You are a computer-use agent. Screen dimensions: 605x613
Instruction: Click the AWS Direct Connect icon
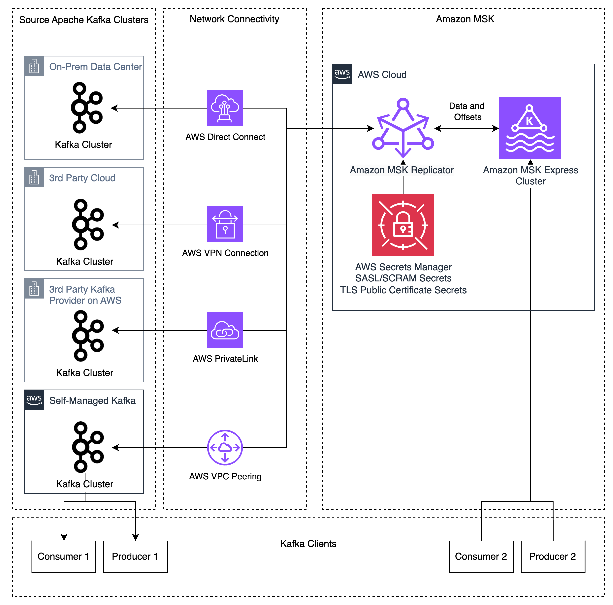tap(225, 108)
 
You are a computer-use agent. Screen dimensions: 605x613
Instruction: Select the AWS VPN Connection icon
tap(225, 224)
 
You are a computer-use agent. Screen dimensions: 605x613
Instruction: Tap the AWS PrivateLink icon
tap(225, 330)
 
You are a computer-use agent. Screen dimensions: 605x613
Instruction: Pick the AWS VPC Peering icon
tap(225, 447)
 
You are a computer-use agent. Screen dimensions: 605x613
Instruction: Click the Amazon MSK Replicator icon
tap(403, 128)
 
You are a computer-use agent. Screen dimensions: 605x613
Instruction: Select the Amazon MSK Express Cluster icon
tap(530, 128)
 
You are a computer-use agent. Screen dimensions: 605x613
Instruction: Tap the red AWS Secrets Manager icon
tap(403, 225)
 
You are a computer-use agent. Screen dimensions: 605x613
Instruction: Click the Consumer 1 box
tap(63, 557)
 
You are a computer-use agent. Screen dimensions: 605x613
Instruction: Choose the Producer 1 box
tap(135, 557)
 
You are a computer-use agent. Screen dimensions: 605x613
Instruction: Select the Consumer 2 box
tap(481, 557)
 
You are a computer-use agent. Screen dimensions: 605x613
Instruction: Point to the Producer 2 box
tap(553, 557)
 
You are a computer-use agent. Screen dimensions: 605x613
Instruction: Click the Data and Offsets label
tap(467, 111)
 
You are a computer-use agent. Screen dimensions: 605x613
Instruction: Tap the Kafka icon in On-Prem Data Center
tap(83, 108)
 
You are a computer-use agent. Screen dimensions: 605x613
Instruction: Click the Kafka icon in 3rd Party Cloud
tap(85, 224)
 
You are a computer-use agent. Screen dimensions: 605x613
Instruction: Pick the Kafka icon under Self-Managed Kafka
tap(85, 447)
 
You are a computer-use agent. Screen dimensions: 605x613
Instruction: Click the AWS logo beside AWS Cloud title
tap(342, 74)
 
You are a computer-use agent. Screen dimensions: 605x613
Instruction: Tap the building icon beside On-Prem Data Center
tap(34, 66)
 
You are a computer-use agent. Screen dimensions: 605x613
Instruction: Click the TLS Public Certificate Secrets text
tap(403, 290)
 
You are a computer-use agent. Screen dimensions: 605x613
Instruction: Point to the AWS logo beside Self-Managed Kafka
tap(34, 400)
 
